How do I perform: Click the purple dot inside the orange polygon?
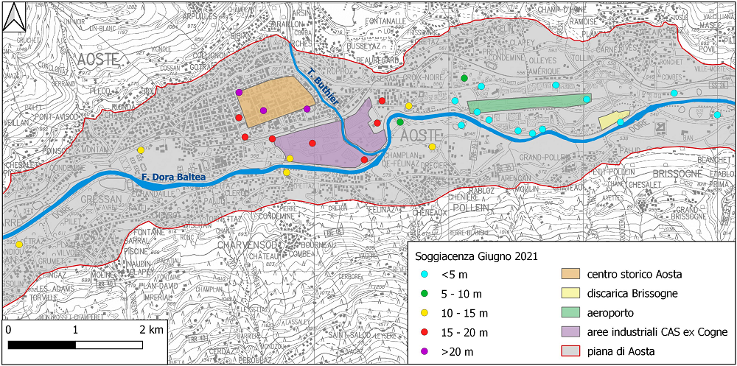[x=264, y=110]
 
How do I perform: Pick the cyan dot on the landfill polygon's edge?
[x=621, y=122]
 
